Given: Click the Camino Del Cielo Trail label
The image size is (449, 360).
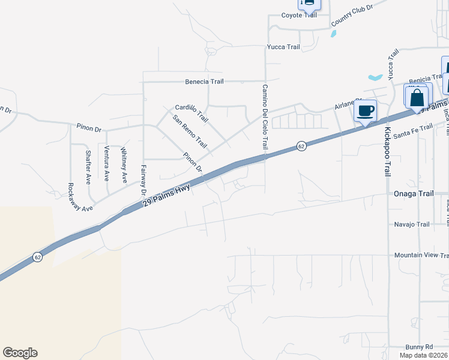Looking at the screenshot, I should pyautogui.click(x=264, y=117).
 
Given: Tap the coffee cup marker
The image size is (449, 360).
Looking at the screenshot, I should pyautogui.click(x=366, y=111).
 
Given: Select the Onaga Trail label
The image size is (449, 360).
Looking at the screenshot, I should pyautogui.click(x=413, y=194).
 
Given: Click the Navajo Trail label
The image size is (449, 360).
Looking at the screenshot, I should pyautogui.click(x=412, y=224).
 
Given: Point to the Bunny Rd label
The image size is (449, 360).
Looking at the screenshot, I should pyautogui.click(x=420, y=347).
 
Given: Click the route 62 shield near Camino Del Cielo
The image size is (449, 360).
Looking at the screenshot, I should pyautogui.click(x=301, y=146).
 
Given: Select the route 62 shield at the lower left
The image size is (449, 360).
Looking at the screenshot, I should pyautogui.click(x=38, y=257).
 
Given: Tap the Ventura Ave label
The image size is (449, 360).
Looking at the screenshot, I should pyautogui.click(x=106, y=163).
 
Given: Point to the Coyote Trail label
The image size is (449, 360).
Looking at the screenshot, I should pyautogui.click(x=299, y=16).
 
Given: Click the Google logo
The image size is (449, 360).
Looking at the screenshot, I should pyautogui.click(x=20, y=353).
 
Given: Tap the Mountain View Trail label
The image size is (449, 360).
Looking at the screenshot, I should pyautogui.click(x=421, y=255).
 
